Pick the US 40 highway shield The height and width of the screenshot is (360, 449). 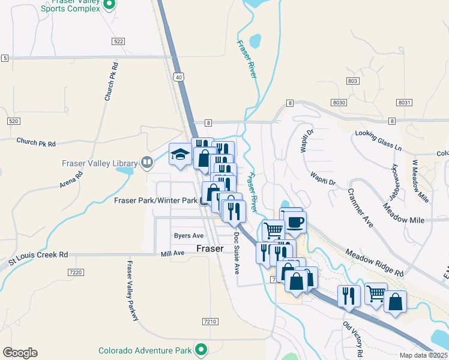click(x=178, y=77)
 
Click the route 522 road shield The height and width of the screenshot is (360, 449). click(x=118, y=41)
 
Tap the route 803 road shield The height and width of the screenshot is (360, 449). click(x=352, y=81)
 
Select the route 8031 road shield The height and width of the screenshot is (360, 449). click(x=404, y=103)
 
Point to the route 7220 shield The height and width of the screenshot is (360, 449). click(x=76, y=272)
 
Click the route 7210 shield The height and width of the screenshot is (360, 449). click(x=209, y=322)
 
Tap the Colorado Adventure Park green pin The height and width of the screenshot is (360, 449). click(x=202, y=349)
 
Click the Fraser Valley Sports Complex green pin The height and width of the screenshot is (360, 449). click(x=109, y=5)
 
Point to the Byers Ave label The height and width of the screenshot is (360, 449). click(x=188, y=236)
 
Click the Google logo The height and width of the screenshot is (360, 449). click(x=20, y=353)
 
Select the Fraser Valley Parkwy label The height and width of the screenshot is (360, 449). click(x=134, y=290)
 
